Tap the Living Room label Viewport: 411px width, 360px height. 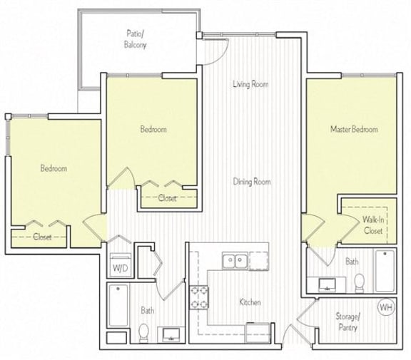(x=250, y=84)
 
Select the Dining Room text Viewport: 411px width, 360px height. (x=252, y=182)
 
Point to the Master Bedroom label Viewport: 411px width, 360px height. (x=353, y=129)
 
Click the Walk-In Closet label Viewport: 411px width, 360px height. (x=373, y=225)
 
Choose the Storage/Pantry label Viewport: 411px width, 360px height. (x=349, y=322)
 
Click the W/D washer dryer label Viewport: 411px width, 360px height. (x=118, y=269)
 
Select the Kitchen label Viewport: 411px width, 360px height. (x=250, y=302)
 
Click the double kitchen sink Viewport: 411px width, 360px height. (x=235, y=261)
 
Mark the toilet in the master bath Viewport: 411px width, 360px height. (x=360, y=281)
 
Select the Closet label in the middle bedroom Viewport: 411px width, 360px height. (x=168, y=199)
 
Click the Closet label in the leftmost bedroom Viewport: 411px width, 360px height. (x=42, y=237)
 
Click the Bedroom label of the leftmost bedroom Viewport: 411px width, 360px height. (x=54, y=168)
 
